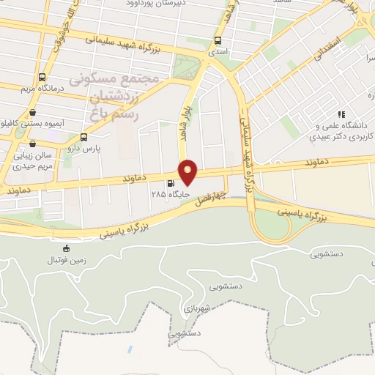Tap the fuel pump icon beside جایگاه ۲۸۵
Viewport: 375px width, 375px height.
(x=171, y=184)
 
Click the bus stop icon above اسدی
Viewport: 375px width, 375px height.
(x=219, y=41)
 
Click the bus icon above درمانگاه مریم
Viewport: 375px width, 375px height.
(x=42, y=77)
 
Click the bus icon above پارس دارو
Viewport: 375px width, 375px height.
(x=83, y=136)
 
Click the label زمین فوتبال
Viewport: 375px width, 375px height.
(x=67, y=259)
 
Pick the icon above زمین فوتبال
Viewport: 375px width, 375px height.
(x=67, y=248)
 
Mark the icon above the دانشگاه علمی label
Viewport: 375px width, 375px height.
(x=341, y=114)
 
